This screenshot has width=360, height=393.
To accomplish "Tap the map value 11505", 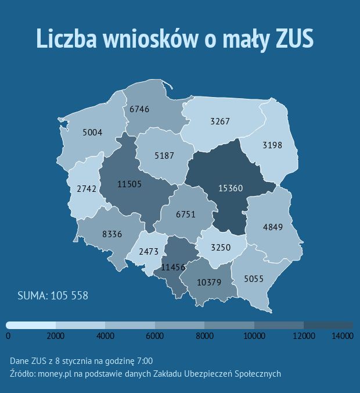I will (129, 184).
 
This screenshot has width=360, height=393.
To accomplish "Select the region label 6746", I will (139, 109).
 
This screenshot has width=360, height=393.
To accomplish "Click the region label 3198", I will (272, 145).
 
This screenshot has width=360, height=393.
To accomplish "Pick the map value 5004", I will (92, 133).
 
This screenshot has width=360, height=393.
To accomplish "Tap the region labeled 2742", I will (86, 189).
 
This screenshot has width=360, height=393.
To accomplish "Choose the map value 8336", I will (112, 234).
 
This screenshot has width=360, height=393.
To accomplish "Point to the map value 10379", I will (209, 283).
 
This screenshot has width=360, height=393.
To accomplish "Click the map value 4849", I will (272, 227).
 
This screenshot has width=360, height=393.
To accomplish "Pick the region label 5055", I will (254, 279).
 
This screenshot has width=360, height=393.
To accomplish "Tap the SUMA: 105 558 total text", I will (53, 296).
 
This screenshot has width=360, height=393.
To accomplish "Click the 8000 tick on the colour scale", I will (204, 335).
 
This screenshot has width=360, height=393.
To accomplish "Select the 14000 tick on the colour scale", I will (343, 335).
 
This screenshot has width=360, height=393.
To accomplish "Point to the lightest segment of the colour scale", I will (31, 324).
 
